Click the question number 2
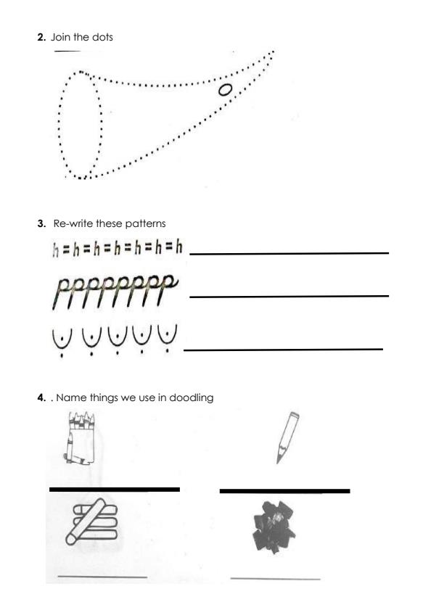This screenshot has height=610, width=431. click(41, 37)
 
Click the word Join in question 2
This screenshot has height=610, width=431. click(59, 37)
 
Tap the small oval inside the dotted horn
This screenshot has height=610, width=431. click(226, 89)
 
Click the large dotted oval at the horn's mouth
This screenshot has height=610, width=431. click(81, 124)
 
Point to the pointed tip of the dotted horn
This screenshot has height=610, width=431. click(272, 52)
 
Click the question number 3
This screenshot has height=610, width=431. click(41, 223)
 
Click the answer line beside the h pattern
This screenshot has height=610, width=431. click(289, 253)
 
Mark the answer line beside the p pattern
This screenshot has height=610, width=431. click(289, 296)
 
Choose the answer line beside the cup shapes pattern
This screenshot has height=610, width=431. click(284, 350)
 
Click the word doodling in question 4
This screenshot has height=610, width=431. click(191, 397)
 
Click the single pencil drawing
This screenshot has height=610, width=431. click(286, 437)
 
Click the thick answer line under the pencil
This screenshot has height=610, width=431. click(284, 491)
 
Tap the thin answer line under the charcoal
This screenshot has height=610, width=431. click(275, 579)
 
